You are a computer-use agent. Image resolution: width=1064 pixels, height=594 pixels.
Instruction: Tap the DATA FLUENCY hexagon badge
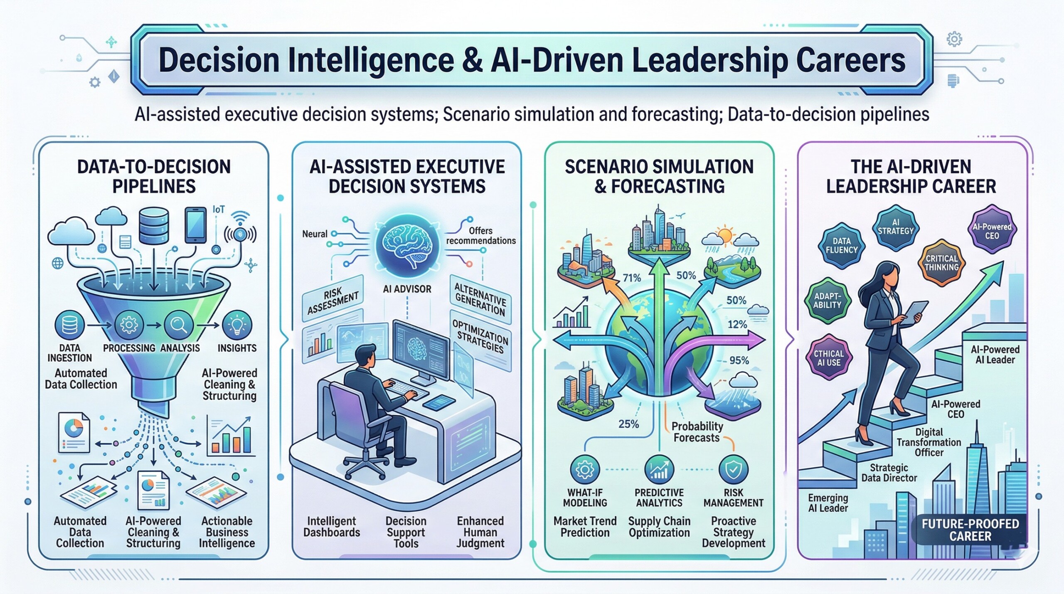point(842,245)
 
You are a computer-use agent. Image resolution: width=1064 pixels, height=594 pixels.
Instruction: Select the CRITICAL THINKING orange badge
point(941,263)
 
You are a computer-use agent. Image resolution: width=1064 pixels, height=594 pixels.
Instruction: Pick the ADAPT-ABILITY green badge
point(828,300)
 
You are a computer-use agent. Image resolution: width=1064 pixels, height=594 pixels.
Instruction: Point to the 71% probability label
point(632,278)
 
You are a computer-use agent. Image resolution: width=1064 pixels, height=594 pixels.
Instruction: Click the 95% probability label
point(739,360)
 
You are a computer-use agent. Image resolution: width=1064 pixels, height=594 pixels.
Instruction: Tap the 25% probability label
point(628,424)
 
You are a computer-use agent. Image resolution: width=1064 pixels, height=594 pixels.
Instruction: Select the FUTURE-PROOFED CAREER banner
point(970,530)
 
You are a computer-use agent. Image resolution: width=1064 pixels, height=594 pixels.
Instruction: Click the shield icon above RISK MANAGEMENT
point(733,469)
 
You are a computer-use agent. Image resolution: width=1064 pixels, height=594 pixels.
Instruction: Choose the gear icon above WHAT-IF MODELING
point(585,469)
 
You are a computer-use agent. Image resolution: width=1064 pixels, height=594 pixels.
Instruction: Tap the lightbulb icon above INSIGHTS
point(237,325)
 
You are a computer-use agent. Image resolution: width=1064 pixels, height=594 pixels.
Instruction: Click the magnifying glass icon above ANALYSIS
point(179,325)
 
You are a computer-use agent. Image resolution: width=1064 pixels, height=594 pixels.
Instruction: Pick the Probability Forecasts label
point(697,432)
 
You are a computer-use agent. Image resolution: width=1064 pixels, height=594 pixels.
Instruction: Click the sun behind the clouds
point(725,236)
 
